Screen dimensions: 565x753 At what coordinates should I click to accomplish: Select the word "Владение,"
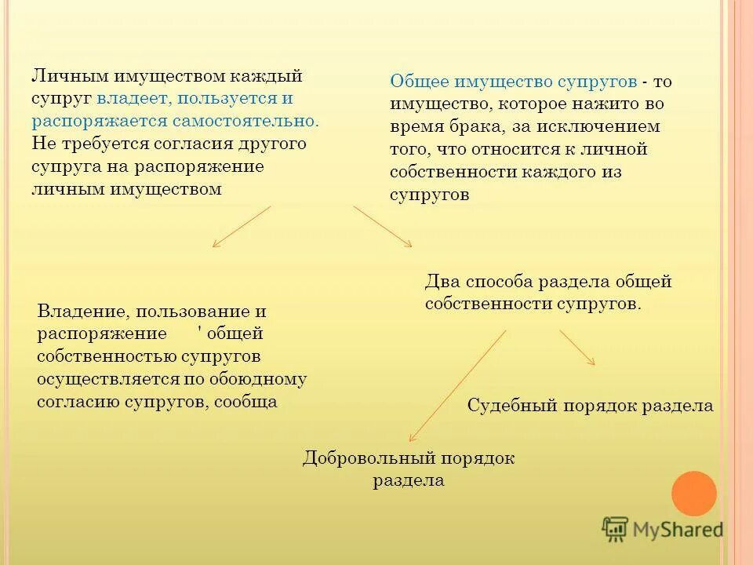coord(76,312)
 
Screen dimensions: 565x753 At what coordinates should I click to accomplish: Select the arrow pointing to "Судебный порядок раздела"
coord(577,348)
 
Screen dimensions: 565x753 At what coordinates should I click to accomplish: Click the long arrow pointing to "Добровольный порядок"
coord(457,386)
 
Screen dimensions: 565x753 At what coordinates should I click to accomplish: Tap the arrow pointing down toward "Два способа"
coord(383,227)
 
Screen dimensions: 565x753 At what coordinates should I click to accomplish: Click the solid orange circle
coord(694,494)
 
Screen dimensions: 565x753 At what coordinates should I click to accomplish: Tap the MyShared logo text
coord(677,530)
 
